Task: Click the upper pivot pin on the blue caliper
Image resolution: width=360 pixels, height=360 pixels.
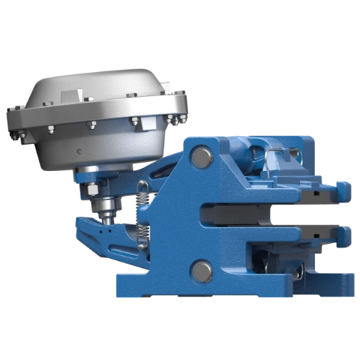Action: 200,157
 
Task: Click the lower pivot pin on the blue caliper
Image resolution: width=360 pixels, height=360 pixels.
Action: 202,270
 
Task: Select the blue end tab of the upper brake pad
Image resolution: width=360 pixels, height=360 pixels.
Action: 343,190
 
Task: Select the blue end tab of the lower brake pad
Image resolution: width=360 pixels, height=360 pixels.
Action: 345,237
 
